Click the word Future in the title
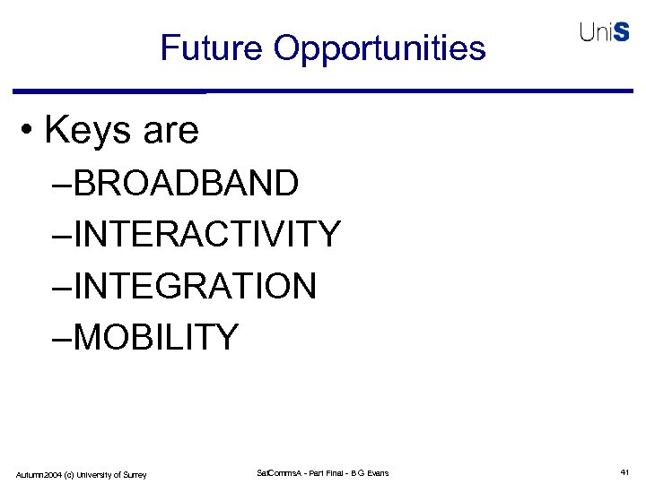pyautogui.click(x=212, y=48)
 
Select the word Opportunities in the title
pyautogui.click(x=380, y=48)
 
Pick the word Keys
pyautogui.click(x=86, y=131)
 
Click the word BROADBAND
pyautogui.click(x=186, y=184)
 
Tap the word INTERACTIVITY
pyautogui.click(x=207, y=235)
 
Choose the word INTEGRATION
pyautogui.click(x=195, y=287)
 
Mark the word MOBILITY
pyautogui.click(x=156, y=338)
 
